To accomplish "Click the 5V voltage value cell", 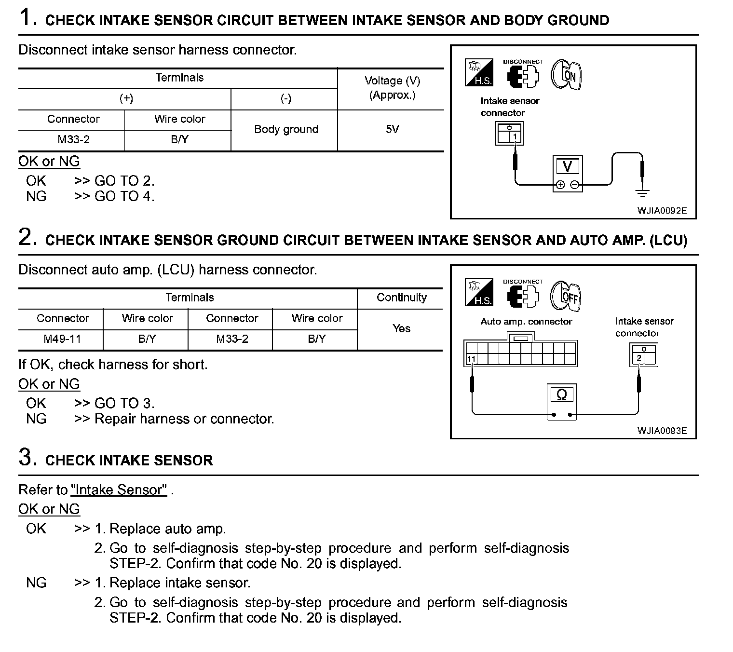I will pos(392,129).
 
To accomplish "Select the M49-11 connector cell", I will pos(62,339).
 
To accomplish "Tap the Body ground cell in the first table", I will pos(286,129).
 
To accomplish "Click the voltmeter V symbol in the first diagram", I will pos(567,167).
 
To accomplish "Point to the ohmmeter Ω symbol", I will pos(561,395).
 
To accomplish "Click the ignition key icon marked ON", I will pos(567,75).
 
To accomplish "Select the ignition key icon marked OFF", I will pos(567,295).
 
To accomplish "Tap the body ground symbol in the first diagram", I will pos(642,194).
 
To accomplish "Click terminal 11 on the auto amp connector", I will pos(471,359).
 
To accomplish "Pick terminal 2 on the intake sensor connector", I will pos(639,358).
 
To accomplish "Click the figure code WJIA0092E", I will pos(662,211).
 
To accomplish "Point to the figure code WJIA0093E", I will pos(662,431).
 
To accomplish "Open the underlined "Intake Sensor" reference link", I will pos(119,490).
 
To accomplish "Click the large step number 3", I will pos(27,457).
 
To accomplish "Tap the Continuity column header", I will pos(401,298).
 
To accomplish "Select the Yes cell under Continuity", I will pos(401,328).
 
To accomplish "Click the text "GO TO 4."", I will pos(124,196).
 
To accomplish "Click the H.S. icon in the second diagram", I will pos(479,293).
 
